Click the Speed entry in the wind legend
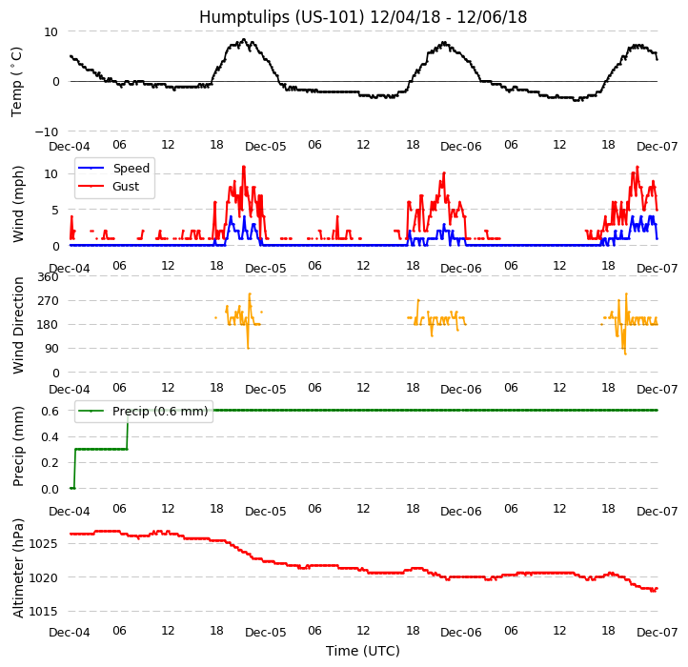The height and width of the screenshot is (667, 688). click(x=131, y=169)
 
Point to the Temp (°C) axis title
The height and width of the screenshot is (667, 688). click(x=17, y=81)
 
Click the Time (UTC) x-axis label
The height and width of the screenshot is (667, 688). click(x=362, y=652)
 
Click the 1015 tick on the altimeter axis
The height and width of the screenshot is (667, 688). click(x=44, y=612)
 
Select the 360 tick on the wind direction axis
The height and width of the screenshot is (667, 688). click(x=48, y=277)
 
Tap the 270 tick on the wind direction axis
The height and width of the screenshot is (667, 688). click(x=48, y=301)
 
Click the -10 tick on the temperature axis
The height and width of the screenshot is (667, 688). click(x=48, y=131)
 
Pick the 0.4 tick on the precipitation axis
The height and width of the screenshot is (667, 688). click(x=50, y=437)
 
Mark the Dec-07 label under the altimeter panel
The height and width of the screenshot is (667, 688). click(x=658, y=633)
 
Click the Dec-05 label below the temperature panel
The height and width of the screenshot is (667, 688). click(x=265, y=148)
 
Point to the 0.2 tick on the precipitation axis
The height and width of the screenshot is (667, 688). click(x=50, y=463)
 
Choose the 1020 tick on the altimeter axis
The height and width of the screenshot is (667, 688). click(x=44, y=577)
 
